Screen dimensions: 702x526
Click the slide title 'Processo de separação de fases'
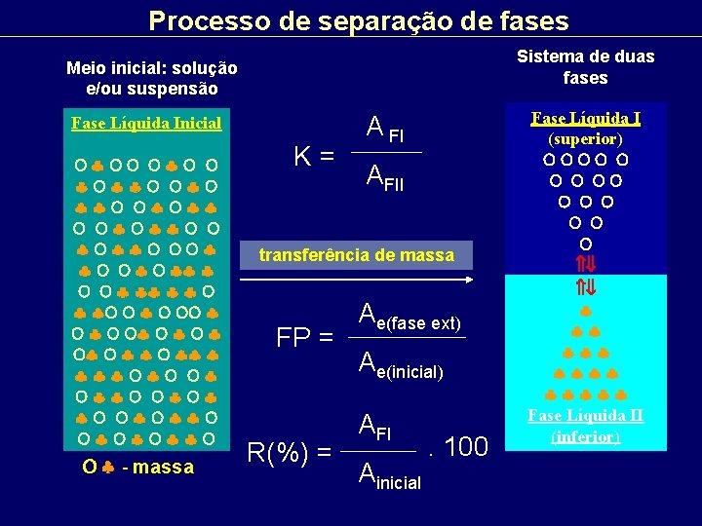(x=358, y=19)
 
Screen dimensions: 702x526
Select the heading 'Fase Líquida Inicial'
(x=146, y=124)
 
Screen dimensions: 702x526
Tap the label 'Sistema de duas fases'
(x=585, y=67)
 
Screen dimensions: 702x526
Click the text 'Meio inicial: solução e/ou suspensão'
(x=151, y=78)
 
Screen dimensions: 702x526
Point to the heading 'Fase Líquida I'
(x=585, y=119)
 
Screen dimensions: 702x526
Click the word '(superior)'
(x=585, y=138)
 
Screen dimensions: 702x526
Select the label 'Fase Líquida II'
(x=585, y=416)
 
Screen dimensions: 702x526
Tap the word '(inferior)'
(x=585, y=435)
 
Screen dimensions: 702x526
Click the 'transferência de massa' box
(x=356, y=255)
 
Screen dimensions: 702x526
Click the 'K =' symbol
(x=315, y=155)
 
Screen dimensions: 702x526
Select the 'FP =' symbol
(x=305, y=338)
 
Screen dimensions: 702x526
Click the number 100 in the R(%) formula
(x=465, y=447)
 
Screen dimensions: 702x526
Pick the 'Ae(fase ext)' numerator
(x=409, y=316)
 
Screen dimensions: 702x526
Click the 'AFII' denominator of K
(x=384, y=177)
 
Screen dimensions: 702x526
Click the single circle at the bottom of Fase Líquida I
(x=585, y=242)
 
